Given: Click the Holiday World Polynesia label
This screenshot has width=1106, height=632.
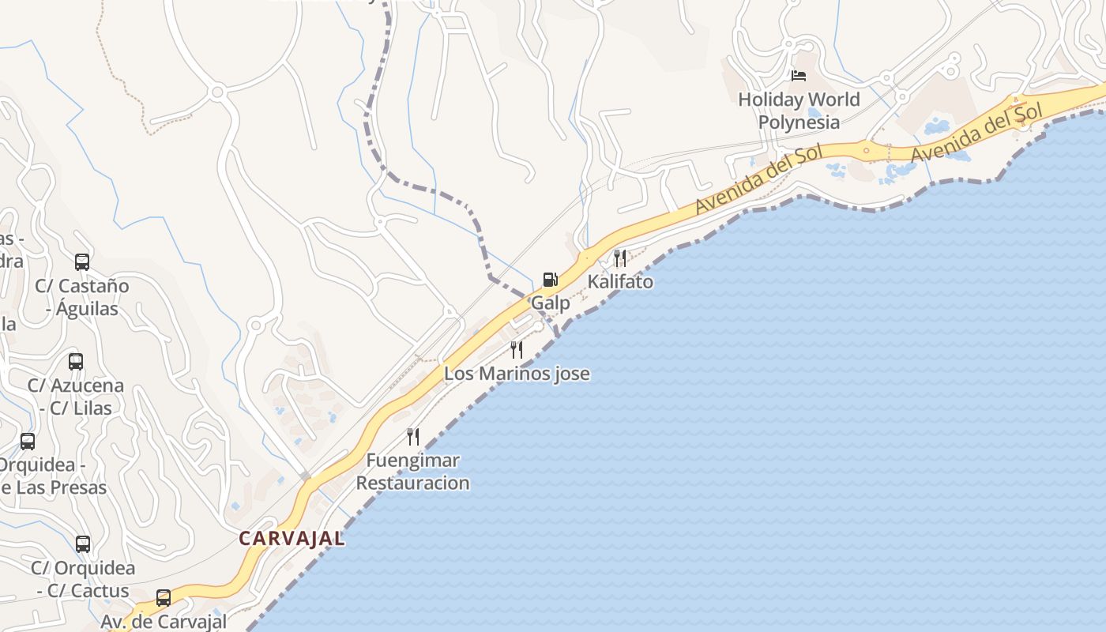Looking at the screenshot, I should click(x=799, y=111).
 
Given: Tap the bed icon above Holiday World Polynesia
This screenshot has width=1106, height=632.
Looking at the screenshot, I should click(x=799, y=76).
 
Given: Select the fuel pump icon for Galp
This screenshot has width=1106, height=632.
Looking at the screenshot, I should click(x=551, y=280).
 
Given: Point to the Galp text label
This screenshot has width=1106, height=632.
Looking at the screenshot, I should click(x=551, y=303).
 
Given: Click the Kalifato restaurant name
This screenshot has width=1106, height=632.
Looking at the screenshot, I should click(x=620, y=281).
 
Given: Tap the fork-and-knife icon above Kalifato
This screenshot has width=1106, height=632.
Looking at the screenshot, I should click(x=620, y=258).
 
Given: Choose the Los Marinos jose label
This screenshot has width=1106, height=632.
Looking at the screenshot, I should click(x=517, y=374).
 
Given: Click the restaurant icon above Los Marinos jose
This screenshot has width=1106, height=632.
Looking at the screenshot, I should click(x=517, y=350).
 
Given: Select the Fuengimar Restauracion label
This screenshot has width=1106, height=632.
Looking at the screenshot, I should click(x=413, y=472).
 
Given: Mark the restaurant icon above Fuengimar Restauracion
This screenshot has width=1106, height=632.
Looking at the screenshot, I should click(x=413, y=437).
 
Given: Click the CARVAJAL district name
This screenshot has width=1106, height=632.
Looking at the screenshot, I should click(x=292, y=539).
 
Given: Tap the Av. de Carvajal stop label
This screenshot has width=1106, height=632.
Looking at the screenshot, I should click(x=164, y=622).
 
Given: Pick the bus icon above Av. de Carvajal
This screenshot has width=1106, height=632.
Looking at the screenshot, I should click(x=164, y=598).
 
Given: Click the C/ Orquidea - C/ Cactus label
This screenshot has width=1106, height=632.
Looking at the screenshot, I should click(x=83, y=579).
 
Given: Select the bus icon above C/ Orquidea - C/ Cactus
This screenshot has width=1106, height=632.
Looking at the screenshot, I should click(x=83, y=544).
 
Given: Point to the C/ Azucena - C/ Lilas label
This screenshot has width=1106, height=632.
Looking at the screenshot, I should click(x=76, y=397).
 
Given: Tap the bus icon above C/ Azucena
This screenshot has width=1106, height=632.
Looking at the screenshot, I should click(x=76, y=362).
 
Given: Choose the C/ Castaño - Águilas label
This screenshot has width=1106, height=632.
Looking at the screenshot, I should click(x=82, y=297).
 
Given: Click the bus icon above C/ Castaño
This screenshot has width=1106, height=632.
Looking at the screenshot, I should click(x=82, y=262).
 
